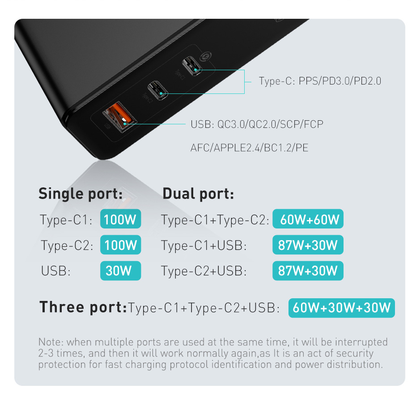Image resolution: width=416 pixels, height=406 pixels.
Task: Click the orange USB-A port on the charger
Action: (119, 117)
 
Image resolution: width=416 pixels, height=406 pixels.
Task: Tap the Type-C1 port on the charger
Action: (192, 66)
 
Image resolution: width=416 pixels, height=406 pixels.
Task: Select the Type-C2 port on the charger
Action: (157, 90)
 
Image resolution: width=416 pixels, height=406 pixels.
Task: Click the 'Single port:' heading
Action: (81, 194)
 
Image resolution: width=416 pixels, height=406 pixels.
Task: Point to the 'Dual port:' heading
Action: (198, 194)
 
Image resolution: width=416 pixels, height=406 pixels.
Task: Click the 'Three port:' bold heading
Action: (83, 307)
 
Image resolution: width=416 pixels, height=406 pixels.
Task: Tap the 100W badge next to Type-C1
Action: (120, 219)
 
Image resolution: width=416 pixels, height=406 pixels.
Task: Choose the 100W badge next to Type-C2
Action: (120, 245)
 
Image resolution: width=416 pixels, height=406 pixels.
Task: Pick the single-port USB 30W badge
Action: (120, 271)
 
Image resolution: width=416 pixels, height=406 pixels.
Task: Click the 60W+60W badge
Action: (308, 219)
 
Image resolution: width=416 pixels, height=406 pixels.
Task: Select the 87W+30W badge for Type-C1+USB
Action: (308, 245)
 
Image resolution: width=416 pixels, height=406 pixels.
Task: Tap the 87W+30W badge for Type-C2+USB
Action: (308, 271)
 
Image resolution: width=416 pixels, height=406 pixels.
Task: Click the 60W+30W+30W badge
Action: (342, 308)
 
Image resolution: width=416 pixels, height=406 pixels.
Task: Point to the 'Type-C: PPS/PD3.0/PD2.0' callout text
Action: (320, 81)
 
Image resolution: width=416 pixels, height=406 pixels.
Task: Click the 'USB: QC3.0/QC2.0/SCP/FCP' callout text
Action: (257, 124)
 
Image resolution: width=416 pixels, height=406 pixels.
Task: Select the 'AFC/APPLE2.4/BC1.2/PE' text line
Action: (250, 148)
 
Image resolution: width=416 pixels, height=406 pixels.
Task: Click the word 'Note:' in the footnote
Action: (51, 342)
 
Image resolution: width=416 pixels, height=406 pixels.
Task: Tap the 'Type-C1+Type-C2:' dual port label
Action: (215, 220)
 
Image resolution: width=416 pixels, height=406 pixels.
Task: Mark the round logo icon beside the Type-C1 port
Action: (206, 56)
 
